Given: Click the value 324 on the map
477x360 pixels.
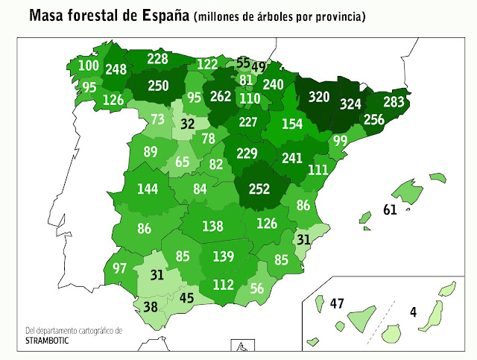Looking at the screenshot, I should point(353,104).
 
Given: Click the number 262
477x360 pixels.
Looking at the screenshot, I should point(221,95).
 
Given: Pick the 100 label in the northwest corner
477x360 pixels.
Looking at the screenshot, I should point(89,66).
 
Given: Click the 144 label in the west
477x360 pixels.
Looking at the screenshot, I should point(148,189).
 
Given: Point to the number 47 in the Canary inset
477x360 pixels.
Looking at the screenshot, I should point(337,303).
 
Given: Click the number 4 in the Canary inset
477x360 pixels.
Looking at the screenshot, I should point(412,312).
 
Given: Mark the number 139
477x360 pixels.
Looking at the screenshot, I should point(224,257).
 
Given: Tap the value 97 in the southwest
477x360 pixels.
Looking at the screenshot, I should point(120,268).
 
